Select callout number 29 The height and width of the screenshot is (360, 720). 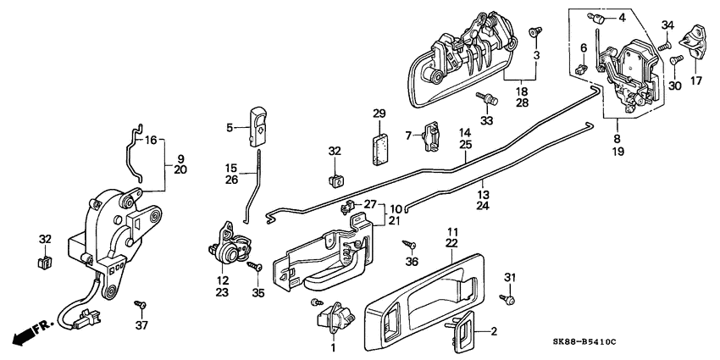[x=379, y=114]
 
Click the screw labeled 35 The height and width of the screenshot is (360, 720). [x=252, y=267]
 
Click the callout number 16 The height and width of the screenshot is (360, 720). [x=151, y=141]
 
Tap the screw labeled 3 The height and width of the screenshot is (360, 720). [x=533, y=30]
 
